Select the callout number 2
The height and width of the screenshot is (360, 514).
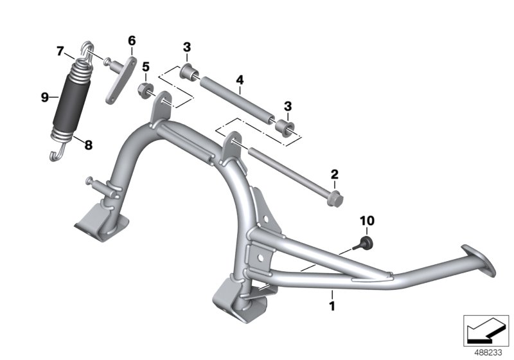[x=333, y=174]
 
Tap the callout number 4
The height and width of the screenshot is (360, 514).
[x=239, y=80]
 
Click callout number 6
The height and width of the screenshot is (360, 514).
[x=132, y=41]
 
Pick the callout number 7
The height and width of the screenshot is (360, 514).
[x=60, y=50]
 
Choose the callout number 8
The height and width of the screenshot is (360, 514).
[x=88, y=145]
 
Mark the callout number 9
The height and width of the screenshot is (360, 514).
[x=45, y=97]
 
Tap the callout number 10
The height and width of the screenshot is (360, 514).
[x=366, y=221]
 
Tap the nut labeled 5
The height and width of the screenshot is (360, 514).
[x=145, y=89]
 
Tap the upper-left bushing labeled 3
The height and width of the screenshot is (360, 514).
[x=188, y=69]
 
